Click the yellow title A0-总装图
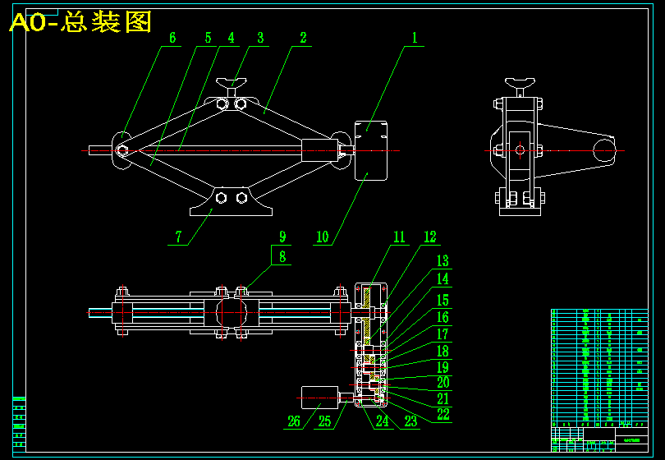(x=80, y=22)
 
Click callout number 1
(x=415, y=38)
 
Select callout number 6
(x=172, y=38)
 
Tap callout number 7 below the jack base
(x=177, y=237)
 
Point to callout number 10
(x=322, y=237)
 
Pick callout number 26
(x=294, y=421)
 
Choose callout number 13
(x=443, y=261)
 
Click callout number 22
(x=443, y=414)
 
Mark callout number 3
(x=260, y=38)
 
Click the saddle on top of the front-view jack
(x=232, y=83)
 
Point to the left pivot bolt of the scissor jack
(x=122, y=150)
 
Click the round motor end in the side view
(x=605, y=150)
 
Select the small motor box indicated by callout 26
(x=320, y=398)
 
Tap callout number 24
(x=382, y=421)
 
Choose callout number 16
(x=443, y=317)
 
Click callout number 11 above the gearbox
(x=399, y=237)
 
